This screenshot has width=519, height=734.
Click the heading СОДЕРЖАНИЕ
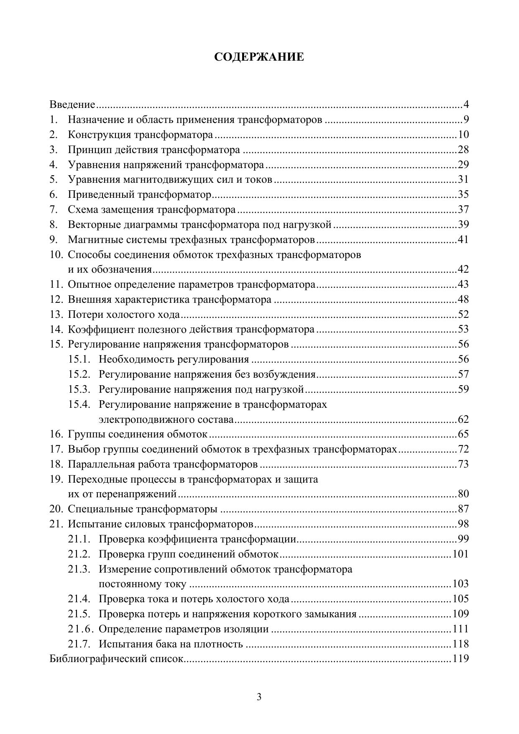point(259,57)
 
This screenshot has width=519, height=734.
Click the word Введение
point(72,105)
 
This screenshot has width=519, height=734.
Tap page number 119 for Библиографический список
point(460,659)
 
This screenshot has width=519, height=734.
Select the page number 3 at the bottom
point(259,697)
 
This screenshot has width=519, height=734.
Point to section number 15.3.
point(79,389)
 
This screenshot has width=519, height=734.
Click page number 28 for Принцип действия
point(463,150)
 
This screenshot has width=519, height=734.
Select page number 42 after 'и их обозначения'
point(463,269)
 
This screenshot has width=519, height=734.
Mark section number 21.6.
point(79,629)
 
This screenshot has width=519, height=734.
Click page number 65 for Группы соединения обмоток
point(463,434)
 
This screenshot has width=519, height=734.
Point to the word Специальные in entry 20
point(100,509)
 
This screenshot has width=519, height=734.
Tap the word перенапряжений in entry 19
point(137,494)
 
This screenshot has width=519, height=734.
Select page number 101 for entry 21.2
point(460,554)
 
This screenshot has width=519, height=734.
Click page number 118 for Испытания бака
point(460,644)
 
